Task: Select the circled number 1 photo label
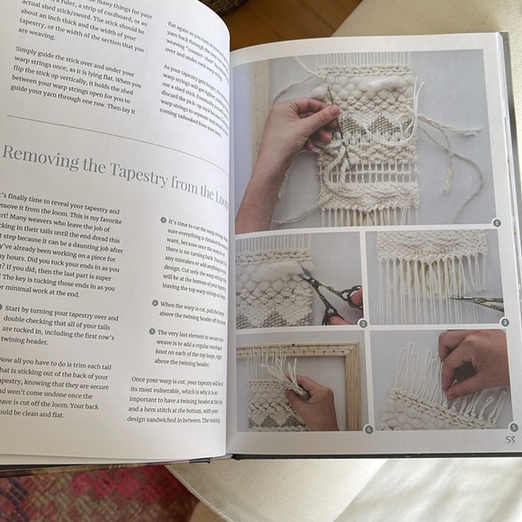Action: point(496,222)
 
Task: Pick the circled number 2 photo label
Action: point(363,322)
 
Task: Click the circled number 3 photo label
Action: point(505,321)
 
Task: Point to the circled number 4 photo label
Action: point(368,429)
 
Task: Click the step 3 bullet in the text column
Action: point(164,220)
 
